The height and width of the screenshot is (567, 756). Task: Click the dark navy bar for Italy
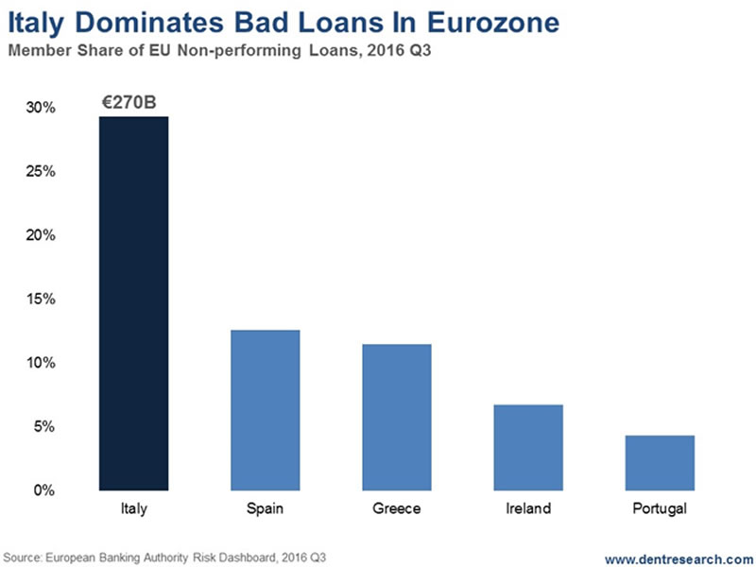coord(133,302)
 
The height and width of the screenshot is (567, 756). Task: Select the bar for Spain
coord(265,410)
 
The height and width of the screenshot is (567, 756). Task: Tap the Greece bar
coord(396,417)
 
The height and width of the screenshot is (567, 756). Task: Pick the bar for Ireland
coord(528,447)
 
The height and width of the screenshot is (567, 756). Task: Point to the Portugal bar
coord(660,462)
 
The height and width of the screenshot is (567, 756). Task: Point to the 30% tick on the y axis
coord(42,109)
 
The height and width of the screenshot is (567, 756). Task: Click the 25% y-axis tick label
coord(42,172)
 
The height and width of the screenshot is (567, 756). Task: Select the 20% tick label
coord(42,235)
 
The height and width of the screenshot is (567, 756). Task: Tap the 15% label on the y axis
coord(42,300)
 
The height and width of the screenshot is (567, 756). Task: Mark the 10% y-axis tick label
coord(42,363)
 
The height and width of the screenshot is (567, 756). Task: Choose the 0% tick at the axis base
coord(45,490)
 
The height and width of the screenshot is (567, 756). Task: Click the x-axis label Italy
coord(133,509)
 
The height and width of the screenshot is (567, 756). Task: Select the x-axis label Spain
coord(265,509)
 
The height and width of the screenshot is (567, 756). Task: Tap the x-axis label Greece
coord(396,509)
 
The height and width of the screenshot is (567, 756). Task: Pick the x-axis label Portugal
coord(660,509)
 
